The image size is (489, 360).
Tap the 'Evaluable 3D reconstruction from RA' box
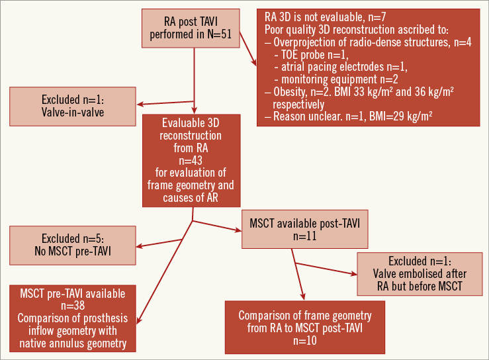tap(193, 159)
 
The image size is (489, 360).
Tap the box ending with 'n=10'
tap(306, 328)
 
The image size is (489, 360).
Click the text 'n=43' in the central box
tap(193, 161)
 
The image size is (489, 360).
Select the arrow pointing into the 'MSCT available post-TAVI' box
tap(215, 226)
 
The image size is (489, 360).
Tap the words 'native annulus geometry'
tap(73, 343)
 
